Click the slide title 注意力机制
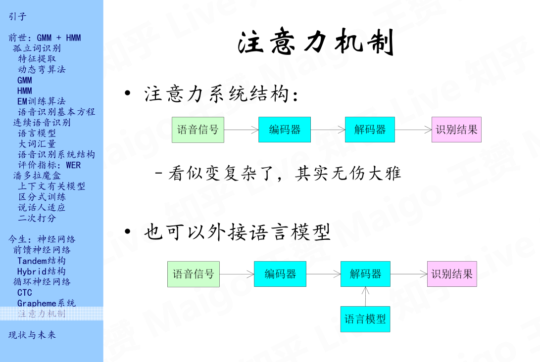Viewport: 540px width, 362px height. [316, 44]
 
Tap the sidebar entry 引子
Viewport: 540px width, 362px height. [17, 17]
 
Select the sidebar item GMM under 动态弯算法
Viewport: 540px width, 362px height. [25, 80]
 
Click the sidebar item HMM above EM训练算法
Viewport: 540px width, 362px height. [25, 91]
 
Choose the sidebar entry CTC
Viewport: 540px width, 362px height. [25, 293]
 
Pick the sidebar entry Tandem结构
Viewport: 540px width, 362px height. [42, 261]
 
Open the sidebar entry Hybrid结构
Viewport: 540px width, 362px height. [42, 271]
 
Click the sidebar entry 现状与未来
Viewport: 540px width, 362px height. [32, 335]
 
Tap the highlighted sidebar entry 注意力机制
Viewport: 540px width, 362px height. [42, 314]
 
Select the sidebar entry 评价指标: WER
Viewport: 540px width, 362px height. [49, 165]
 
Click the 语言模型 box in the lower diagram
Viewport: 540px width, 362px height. [365, 319]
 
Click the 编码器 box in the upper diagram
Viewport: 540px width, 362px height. [285, 130]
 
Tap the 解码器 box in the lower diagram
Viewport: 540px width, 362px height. [365, 274]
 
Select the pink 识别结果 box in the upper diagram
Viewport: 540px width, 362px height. [456, 130]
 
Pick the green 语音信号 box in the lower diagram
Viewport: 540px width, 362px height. [194, 274]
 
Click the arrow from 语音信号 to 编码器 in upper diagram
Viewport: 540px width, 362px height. [241, 130]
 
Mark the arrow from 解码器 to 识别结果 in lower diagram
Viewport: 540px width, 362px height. [408, 274]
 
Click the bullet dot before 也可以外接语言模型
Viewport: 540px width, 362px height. [128, 231]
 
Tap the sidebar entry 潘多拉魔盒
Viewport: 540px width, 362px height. [37, 176]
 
